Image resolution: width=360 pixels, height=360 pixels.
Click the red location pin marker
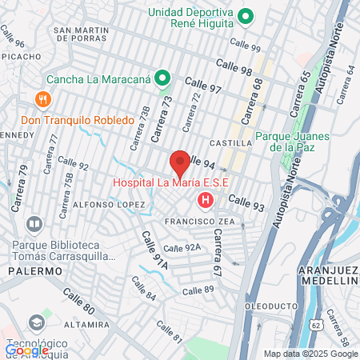180,162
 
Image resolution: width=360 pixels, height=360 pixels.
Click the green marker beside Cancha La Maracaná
162,78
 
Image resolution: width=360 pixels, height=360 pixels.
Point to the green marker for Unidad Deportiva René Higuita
246,16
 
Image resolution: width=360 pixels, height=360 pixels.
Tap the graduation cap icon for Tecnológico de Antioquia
37,322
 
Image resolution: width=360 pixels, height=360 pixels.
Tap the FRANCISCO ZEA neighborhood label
194,222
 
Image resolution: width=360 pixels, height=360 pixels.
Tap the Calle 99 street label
245,46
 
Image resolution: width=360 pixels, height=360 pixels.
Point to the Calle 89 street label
199,289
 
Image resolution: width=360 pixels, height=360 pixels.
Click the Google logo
26,350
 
